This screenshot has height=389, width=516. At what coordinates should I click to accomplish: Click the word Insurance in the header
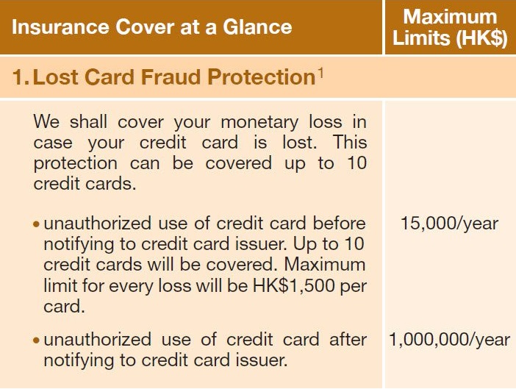click(x=60, y=27)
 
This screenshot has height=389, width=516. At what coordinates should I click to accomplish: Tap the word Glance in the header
click(x=257, y=27)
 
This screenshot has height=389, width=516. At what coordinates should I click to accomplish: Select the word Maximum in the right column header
click(x=450, y=16)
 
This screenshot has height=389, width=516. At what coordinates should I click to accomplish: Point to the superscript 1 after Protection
click(x=320, y=72)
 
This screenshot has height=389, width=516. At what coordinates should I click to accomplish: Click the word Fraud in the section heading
click(x=171, y=77)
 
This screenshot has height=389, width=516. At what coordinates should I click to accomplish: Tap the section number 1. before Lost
click(x=21, y=77)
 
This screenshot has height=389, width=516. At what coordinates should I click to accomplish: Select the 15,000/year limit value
click(x=450, y=224)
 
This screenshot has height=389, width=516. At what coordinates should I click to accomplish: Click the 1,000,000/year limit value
click(x=450, y=340)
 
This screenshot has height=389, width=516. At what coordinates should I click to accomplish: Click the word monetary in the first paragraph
click(x=259, y=123)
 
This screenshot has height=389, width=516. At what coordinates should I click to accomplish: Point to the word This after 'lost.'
click(x=350, y=143)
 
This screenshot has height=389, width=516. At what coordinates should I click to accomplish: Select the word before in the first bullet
click(x=340, y=224)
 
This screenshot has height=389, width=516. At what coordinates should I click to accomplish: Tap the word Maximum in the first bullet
click(x=325, y=265)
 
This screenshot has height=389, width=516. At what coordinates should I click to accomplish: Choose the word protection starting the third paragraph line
click(x=76, y=164)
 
